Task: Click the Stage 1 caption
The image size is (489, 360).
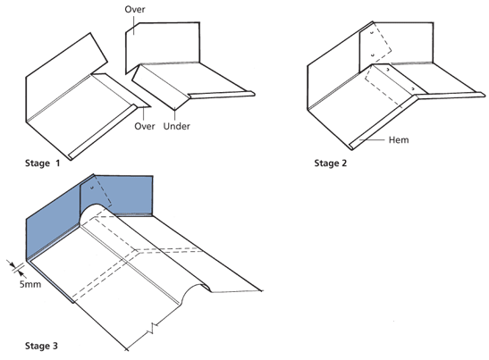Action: coord(42,163)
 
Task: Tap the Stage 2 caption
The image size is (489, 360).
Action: coord(330,163)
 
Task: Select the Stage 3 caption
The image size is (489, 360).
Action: coord(41,346)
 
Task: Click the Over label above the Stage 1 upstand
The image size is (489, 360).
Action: coord(135,9)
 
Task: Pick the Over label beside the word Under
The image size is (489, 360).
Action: coord(145,126)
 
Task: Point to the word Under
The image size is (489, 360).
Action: coord(176,126)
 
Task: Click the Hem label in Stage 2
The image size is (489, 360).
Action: coord(399,140)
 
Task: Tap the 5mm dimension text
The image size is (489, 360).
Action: coord(30,284)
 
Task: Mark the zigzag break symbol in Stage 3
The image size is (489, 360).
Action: coord(153,329)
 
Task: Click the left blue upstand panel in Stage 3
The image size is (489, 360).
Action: coord(53,224)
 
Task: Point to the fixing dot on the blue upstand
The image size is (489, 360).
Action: coord(92,188)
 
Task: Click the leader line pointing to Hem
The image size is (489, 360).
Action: coord(372,140)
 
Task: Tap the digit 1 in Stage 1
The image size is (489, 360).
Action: coord(58,163)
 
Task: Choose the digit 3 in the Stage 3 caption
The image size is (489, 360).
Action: coord(55,346)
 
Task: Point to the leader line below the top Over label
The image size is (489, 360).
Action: coord(134,25)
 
